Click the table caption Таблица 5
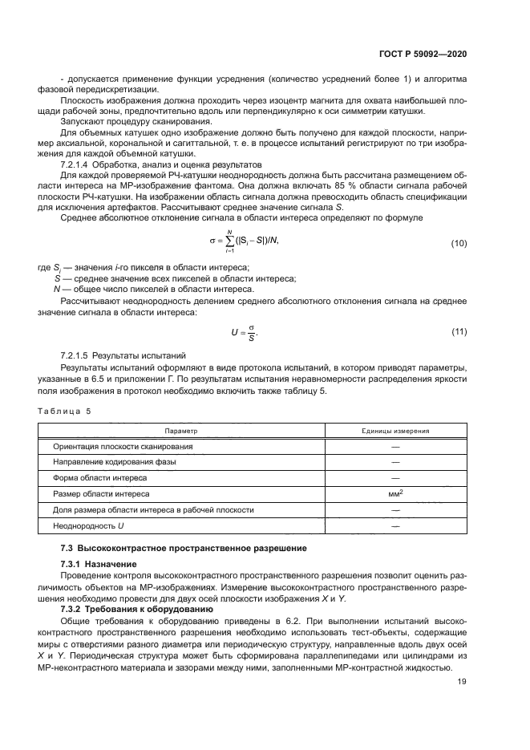click(65, 411)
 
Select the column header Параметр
click(181, 431)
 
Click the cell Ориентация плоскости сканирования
click(123, 446)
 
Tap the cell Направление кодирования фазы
click(115, 462)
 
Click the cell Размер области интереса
click(101, 494)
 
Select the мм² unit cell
click(394, 494)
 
